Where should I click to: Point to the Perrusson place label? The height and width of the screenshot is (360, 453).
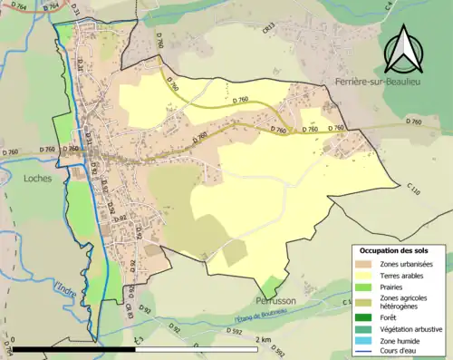click(x=273, y=299)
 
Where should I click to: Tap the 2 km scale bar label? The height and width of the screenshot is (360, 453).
click(x=264, y=339)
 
